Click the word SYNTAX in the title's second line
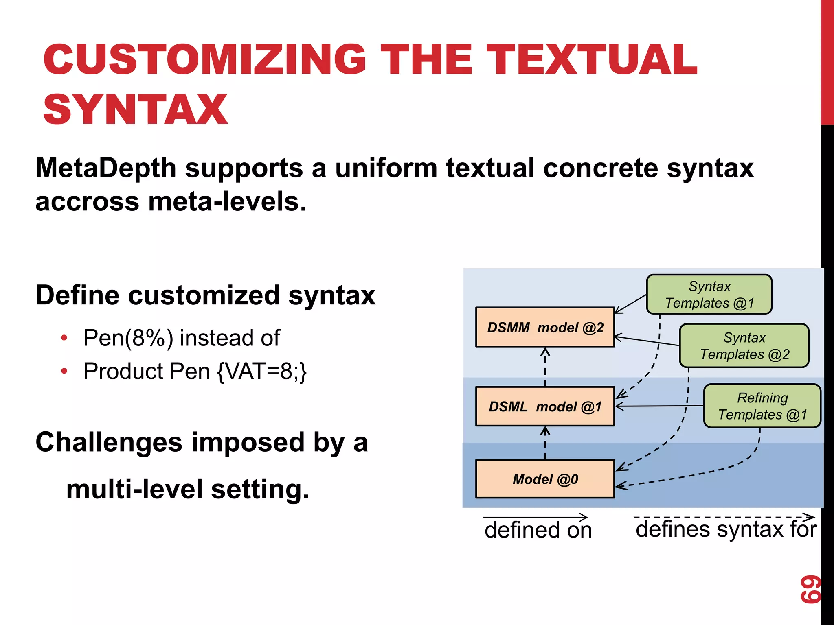click(x=135, y=109)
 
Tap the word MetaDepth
click(x=105, y=168)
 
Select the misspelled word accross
click(x=87, y=202)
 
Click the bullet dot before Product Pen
click(x=64, y=371)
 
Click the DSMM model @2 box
click(x=545, y=327)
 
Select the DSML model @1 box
click(x=545, y=406)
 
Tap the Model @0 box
click(x=545, y=479)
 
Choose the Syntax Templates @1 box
click(x=709, y=295)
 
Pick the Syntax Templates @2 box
click(x=744, y=346)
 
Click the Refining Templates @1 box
click(x=762, y=406)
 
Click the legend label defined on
click(x=538, y=530)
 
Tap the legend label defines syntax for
click(x=726, y=529)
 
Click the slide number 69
click(x=810, y=589)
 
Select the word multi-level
click(x=134, y=489)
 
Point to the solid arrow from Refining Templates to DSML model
click(x=660, y=406)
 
